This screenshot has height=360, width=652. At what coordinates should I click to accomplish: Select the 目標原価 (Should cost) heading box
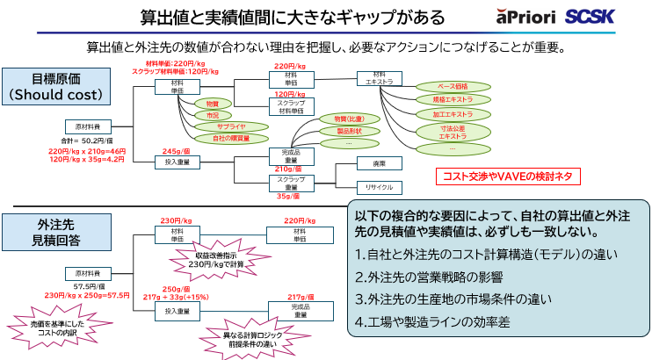[x=56, y=85]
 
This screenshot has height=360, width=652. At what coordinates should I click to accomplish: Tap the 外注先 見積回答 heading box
[x=57, y=231]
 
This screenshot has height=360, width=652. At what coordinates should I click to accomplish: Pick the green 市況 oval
[x=212, y=115]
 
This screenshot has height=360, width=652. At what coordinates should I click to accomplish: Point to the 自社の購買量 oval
[x=219, y=139]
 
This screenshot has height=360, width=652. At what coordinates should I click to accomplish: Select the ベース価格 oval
[x=452, y=87]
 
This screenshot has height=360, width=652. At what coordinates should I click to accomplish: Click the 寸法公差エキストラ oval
[x=452, y=133]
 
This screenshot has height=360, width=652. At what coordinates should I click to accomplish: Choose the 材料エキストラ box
[x=379, y=79]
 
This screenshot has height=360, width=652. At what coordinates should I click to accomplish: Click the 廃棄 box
[x=379, y=163]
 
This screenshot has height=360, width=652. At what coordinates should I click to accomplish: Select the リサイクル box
[x=379, y=186]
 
